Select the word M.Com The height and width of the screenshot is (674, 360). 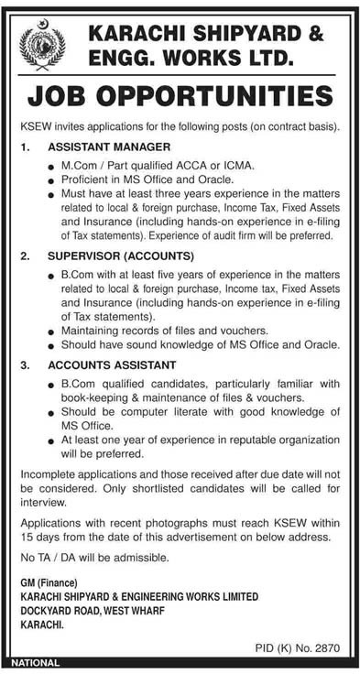click(x=80, y=166)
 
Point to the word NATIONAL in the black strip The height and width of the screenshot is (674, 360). click(x=36, y=662)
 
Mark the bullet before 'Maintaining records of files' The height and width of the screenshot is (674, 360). click(x=52, y=331)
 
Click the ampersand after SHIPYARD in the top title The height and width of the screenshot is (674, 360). click(x=314, y=33)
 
